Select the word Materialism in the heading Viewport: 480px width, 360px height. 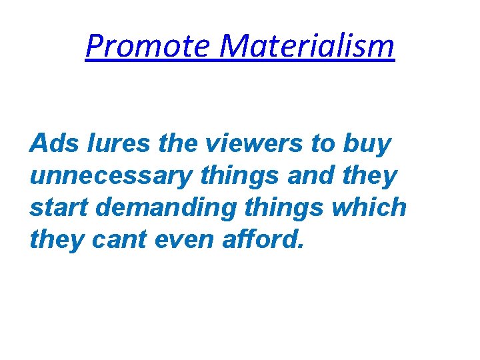[307, 46]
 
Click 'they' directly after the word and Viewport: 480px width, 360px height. [370, 177]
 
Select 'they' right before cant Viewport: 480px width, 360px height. [57, 240]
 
